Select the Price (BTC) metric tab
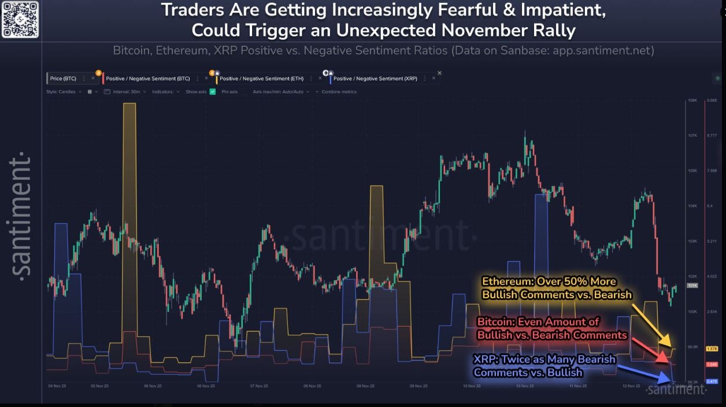[x=64, y=78]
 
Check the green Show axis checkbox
[x=213, y=91]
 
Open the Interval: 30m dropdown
[x=125, y=91]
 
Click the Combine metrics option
[x=339, y=91]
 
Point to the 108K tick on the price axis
[x=692, y=101]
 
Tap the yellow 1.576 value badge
[x=712, y=349]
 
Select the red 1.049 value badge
[x=712, y=364]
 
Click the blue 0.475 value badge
[x=712, y=381]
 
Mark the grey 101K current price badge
[x=692, y=286]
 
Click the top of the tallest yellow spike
[x=129, y=104]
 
